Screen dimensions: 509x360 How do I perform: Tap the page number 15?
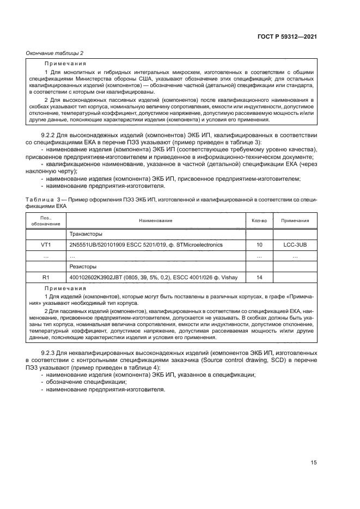click(314, 463)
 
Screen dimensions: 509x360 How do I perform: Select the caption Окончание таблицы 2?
click(54, 53)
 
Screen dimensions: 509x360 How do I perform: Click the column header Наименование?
click(156, 220)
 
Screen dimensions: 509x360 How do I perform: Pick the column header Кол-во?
click(259, 220)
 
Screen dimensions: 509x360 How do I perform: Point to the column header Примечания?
click(295, 220)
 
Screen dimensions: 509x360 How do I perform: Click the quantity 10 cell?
click(259, 245)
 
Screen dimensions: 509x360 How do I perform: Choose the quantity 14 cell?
click(259, 278)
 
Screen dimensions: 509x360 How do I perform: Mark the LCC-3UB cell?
click(295, 245)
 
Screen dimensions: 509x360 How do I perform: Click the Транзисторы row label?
click(86, 234)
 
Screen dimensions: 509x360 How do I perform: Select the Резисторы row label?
click(84, 267)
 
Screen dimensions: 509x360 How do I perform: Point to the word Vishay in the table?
click(228, 278)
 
